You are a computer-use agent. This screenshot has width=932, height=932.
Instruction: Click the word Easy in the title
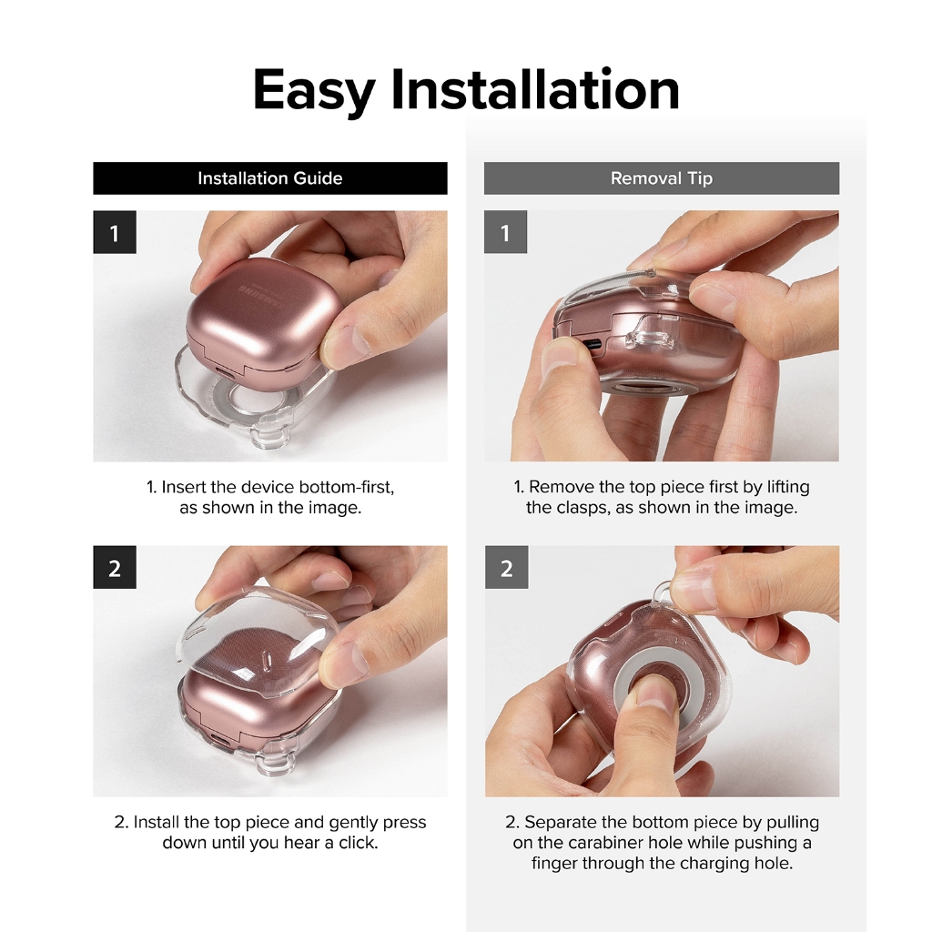click(x=314, y=91)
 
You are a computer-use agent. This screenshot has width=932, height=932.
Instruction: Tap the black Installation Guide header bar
click(x=269, y=178)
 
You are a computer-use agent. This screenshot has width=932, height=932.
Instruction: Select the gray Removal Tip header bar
click(x=662, y=178)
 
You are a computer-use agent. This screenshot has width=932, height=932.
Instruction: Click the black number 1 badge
click(x=115, y=232)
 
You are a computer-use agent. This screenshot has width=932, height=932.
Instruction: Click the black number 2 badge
click(x=115, y=568)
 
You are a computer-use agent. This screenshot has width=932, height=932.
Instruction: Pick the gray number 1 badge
click(x=505, y=232)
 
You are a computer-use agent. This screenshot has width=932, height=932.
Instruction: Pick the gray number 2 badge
click(x=506, y=568)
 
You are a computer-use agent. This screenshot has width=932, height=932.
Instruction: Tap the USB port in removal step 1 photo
click(x=590, y=345)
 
